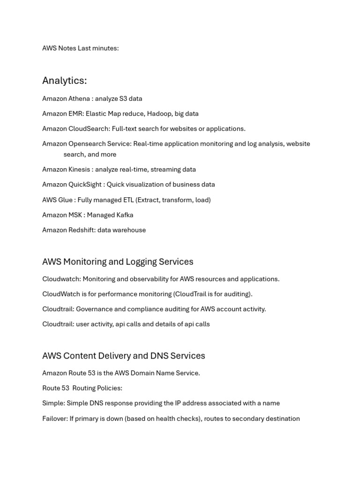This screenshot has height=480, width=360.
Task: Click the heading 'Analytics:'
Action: pyautogui.click(x=64, y=81)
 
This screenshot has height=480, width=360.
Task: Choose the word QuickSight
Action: pyautogui.click(x=85, y=184)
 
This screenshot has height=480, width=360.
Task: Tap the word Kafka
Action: pyautogui.click(x=123, y=215)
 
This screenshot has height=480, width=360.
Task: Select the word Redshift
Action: pyautogui.click(x=82, y=230)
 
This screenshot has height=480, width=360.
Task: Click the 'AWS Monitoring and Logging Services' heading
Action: pyautogui.click(x=118, y=262)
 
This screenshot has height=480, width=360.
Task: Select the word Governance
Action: pyautogui.click(x=94, y=309)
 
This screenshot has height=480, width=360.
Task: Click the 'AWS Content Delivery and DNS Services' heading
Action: pyautogui.click(x=124, y=356)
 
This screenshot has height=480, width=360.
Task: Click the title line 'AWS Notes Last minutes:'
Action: pyautogui.click(x=80, y=48)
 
